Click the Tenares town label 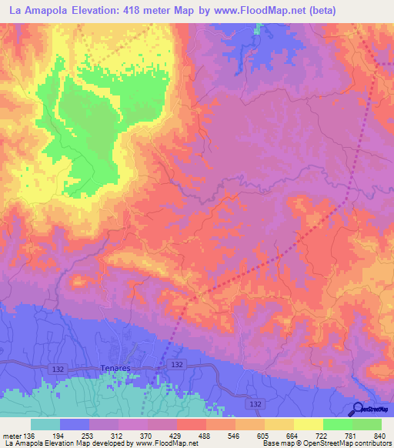pos(114,369)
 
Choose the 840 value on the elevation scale pos(380,436)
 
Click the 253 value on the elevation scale pos(105,436)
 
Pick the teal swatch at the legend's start pos(45,424)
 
